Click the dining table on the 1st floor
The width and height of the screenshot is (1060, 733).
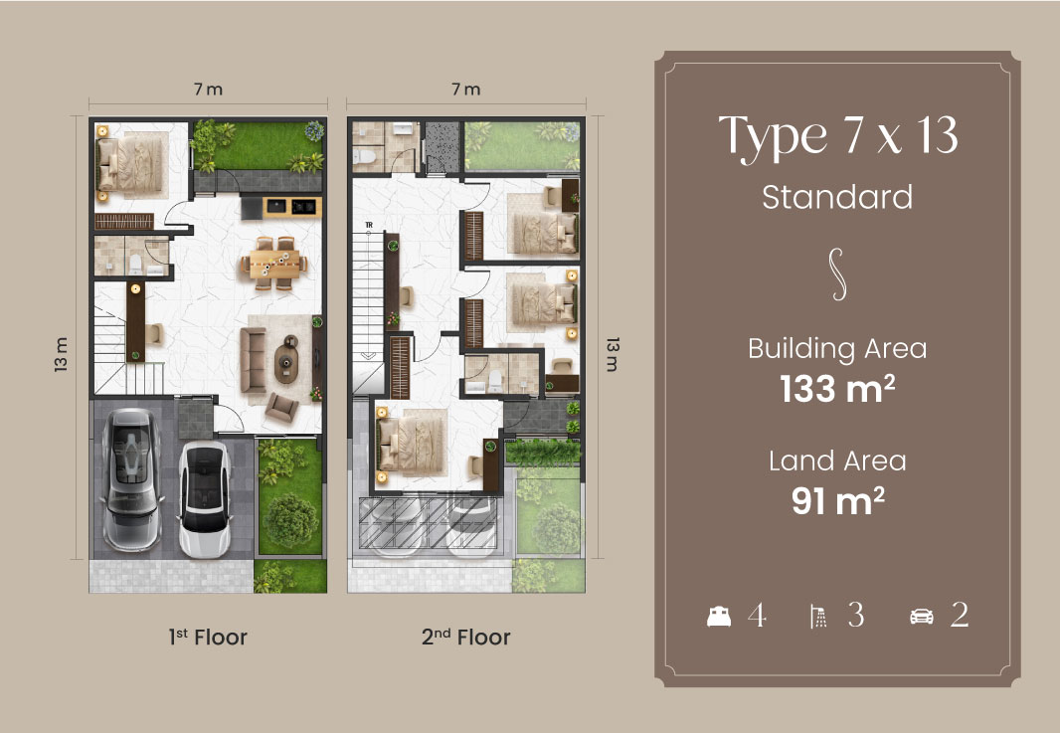click(x=274, y=263)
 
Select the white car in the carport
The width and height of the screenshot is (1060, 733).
click(x=204, y=499)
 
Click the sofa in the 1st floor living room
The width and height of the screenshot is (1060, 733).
click(x=253, y=360)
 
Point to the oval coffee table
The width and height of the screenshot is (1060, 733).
click(x=286, y=360)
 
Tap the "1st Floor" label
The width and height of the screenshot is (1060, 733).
click(x=208, y=637)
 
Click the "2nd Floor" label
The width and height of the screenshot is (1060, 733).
click(x=465, y=637)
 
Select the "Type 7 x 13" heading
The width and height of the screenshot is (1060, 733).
click(x=837, y=137)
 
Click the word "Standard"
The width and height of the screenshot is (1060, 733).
click(x=837, y=198)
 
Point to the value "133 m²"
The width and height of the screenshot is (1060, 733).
click(x=837, y=389)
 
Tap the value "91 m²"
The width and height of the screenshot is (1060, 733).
click(x=837, y=501)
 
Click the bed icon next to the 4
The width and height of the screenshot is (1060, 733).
click(x=719, y=616)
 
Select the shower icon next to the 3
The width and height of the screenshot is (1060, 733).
click(x=818, y=617)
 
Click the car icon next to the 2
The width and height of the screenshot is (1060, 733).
click(x=922, y=617)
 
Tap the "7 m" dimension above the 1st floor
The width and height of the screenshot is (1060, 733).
click(x=208, y=90)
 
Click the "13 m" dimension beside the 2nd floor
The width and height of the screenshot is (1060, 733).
click(x=613, y=354)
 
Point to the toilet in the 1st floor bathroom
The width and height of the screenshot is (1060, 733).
click(x=136, y=263)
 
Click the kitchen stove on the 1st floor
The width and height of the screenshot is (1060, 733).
click(x=304, y=206)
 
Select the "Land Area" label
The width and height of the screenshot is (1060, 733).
click(x=837, y=461)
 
